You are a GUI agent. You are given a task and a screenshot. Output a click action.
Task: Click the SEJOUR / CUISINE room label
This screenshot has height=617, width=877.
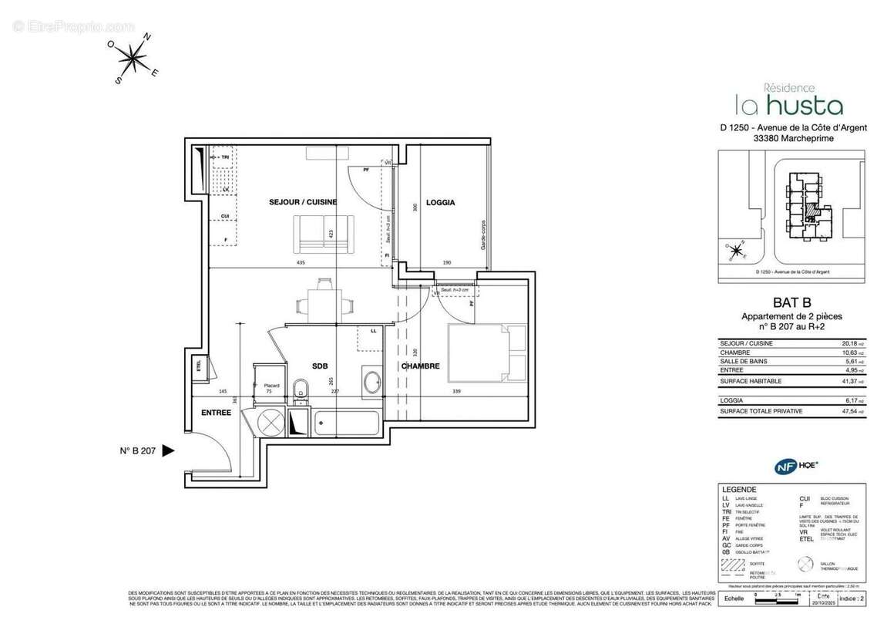pos(302,202)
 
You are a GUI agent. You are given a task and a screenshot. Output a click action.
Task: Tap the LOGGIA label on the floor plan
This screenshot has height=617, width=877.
pos(441,203)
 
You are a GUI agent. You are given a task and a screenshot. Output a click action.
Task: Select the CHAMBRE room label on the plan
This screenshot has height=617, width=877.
pos(420,366)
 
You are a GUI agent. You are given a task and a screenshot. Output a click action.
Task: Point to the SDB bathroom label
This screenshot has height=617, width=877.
pos(320,366)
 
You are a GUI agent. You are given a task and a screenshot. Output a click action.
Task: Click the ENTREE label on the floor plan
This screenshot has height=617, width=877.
pos(217,413)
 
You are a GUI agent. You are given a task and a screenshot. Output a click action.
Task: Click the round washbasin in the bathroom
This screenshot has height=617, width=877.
pos(372,381)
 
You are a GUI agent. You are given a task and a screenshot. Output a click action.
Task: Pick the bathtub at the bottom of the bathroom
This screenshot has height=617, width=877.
pos(346,423)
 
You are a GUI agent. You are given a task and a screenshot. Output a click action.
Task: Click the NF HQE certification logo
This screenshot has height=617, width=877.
pos(796,466)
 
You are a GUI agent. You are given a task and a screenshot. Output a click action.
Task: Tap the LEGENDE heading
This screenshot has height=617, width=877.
pos(739,490)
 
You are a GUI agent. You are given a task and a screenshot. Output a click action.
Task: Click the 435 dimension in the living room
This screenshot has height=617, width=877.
pos(301,263)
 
